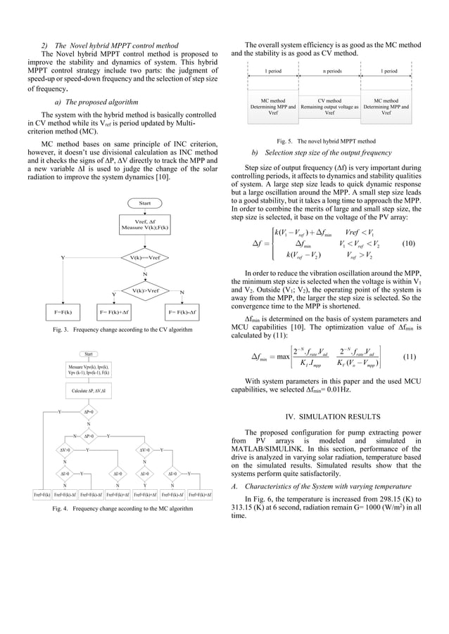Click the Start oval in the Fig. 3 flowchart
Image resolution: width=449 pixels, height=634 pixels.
point(145,203)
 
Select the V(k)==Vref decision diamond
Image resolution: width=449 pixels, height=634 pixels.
point(145,258)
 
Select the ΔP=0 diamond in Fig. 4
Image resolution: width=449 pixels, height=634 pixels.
point(89,413)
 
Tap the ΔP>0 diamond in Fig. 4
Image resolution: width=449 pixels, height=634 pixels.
point(89,436)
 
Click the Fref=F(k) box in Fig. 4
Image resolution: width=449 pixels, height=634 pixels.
point(43,496)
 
